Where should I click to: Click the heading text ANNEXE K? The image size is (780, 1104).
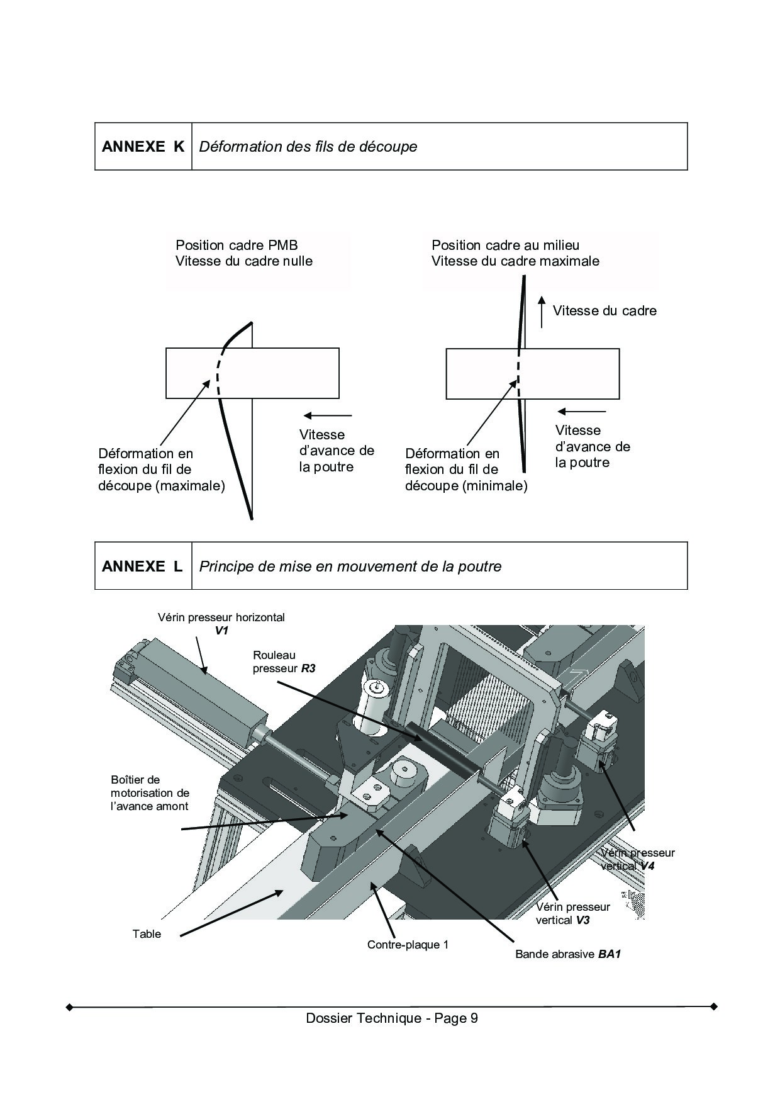(143, 147)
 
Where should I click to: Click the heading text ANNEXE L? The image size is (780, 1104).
(142, 566)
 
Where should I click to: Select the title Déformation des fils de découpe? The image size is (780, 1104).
(308, 147)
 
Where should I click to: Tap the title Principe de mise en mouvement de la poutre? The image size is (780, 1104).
(350, 566)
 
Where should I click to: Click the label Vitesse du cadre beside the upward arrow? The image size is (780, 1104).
(604, 310)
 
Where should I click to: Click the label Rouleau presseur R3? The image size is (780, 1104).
(284, 662)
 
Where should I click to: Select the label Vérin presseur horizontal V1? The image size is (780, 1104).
(221, 623)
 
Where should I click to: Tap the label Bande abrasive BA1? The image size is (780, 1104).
(567, 954)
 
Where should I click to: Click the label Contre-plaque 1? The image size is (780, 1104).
(408, 945)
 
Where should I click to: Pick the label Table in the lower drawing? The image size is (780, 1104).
(147, 933)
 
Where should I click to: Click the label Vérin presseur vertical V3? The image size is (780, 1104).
(572, 913)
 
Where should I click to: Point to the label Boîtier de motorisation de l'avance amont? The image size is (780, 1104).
(150, 792)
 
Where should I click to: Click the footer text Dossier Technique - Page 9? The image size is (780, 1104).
(391, 1018)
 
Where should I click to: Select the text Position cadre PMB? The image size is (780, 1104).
(237, 245)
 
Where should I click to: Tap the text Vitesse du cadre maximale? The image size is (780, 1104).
(515, 261)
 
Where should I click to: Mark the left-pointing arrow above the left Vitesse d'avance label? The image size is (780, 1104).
(328, 415)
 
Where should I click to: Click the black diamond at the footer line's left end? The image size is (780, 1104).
(70, 1006)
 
